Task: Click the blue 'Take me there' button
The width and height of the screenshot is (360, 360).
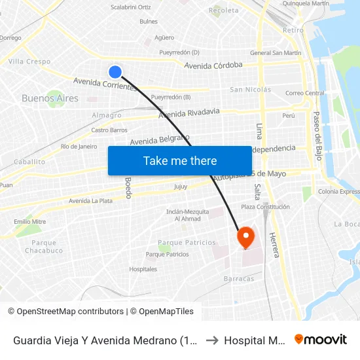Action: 180,160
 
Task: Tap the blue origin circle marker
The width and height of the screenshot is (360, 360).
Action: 115,72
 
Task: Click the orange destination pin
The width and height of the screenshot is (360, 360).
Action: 245,236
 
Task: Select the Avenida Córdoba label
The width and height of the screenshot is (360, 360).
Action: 213,65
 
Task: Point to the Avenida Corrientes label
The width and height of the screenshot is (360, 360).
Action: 105,84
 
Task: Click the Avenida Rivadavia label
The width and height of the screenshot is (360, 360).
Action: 189,113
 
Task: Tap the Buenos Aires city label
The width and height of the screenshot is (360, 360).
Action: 50,98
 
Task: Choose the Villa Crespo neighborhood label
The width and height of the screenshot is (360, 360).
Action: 29,62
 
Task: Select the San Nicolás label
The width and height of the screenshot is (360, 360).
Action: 250,90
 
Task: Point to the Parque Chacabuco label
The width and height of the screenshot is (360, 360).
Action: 45,247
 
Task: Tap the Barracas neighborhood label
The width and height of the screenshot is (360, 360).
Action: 239,278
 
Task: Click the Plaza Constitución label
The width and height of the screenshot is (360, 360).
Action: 265,207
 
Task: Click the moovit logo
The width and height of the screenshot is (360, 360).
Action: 321,340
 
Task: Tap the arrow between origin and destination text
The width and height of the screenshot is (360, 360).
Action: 211,340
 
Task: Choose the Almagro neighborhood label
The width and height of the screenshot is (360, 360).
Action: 107,115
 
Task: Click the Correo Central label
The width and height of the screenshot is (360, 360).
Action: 304,93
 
